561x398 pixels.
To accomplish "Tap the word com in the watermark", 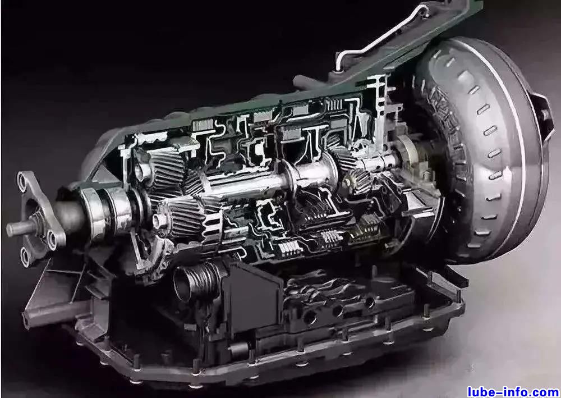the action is [x=546, y=392].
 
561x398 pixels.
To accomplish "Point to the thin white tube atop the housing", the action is [x=379, y=39].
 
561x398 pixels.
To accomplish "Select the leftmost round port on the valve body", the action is [x=310, y=317].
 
